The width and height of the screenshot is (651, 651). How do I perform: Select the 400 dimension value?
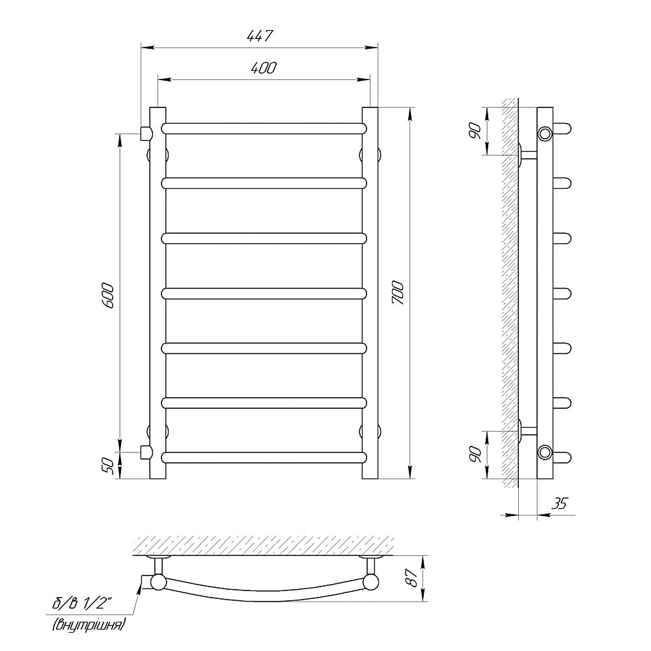[263, 67]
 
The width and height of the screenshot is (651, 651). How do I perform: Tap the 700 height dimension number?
[398, 293]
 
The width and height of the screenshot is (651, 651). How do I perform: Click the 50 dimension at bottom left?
[107, 466]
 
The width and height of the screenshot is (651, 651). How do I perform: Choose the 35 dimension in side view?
[559, 503]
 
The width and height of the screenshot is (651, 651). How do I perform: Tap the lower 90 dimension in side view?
[475, 455]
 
